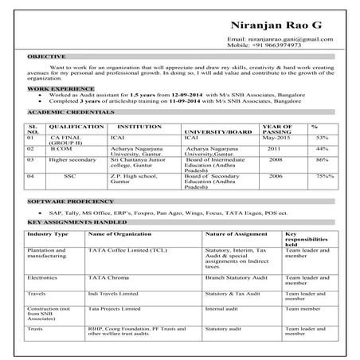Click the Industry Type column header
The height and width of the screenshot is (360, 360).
[48, 236]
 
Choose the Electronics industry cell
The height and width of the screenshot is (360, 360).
[42, 278]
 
